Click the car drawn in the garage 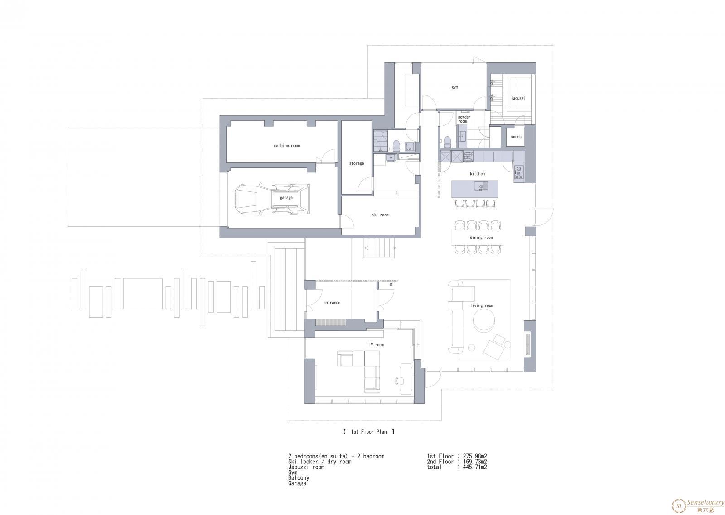(272, 199)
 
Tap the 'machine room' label (287, 146)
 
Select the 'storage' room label (357, 163)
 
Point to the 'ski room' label (380, 215)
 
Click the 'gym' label (455, 87)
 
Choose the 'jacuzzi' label (518, 98)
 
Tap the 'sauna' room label (516, 137)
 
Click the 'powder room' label (464, 119)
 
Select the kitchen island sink (481, 186)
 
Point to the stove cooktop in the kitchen (519, 172)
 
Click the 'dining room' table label (481, 238)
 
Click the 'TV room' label (376, 345)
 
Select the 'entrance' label (332, 303)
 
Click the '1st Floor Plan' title (369, 432)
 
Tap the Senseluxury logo (698, 505)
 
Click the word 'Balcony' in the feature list (299, 478)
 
